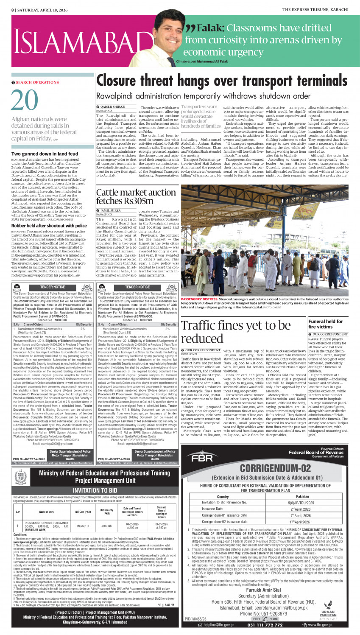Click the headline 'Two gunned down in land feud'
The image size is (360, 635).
coord(45,154)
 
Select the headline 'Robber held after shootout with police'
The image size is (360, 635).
coord(49,226)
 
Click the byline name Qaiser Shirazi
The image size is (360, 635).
coord(113,106)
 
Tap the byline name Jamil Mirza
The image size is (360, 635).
coord(110,210)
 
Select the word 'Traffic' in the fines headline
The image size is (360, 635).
coord(201,326)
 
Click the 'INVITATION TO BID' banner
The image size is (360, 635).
coord(95,490)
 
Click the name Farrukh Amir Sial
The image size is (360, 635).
coord(263,590)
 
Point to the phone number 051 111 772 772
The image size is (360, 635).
coord(265,625)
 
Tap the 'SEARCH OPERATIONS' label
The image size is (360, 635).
coord(37,82)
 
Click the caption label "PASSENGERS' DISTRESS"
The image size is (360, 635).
coord(197,299)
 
